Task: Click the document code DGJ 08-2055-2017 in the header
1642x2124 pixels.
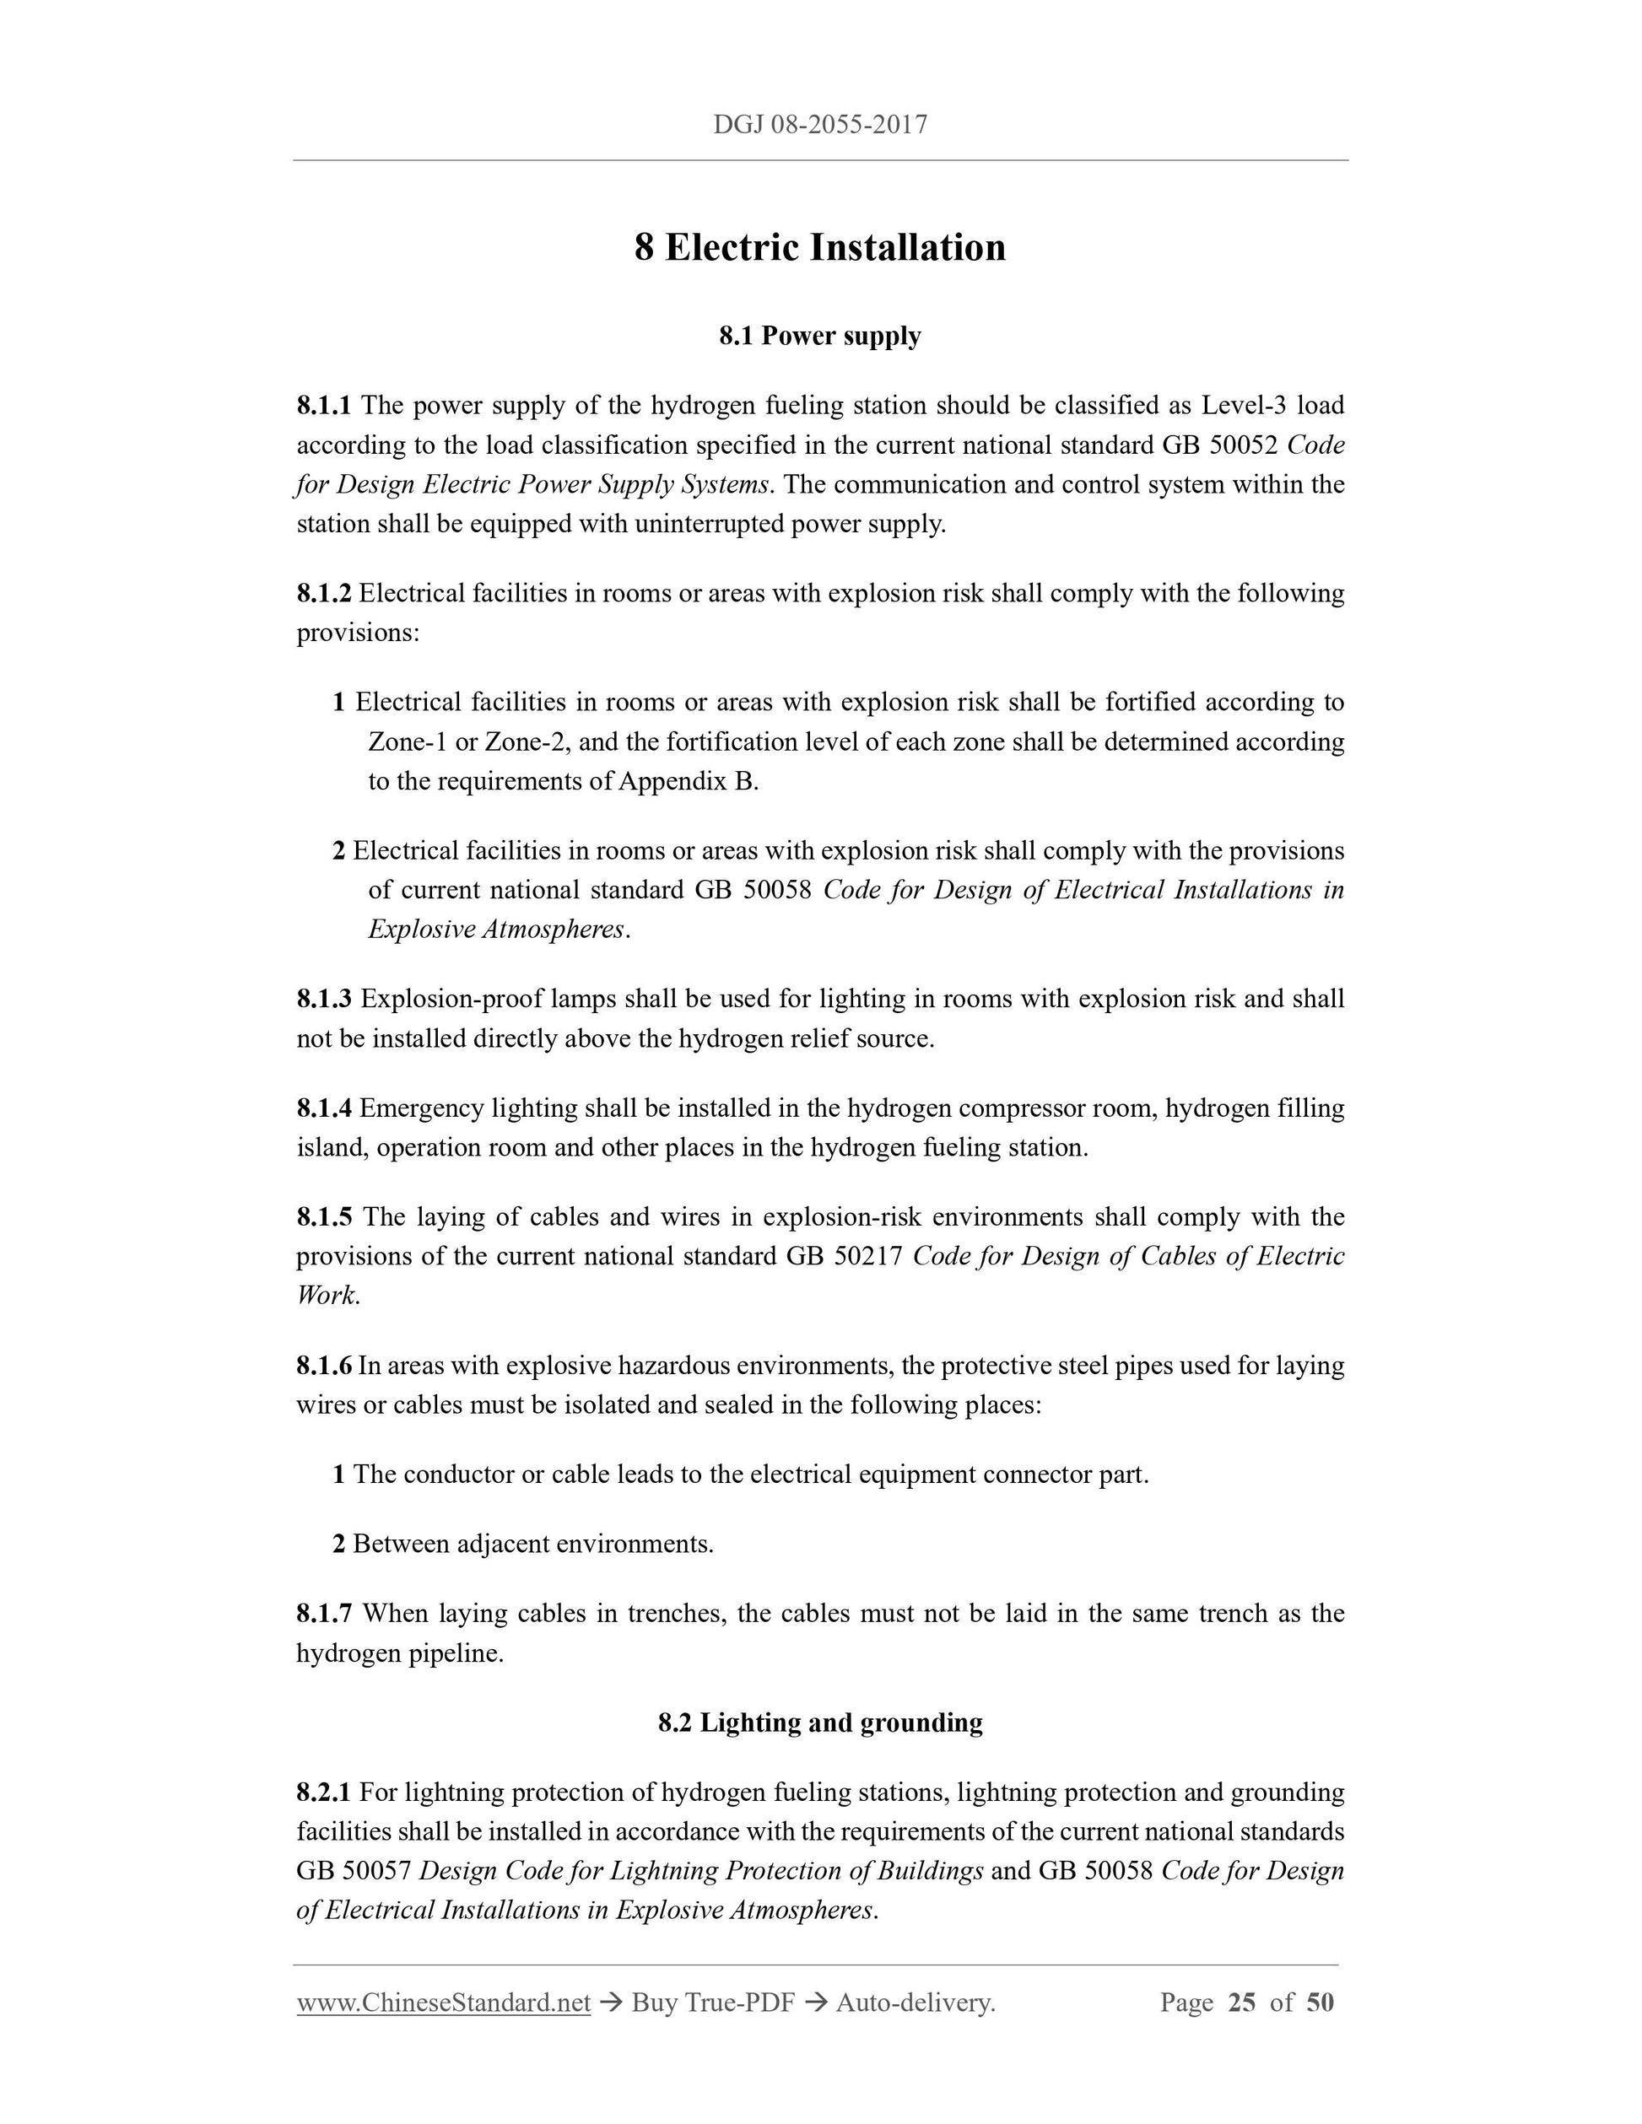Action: pos(820,125)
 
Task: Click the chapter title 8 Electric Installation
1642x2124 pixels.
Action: pos(820,247)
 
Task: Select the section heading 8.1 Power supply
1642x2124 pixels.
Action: pos(820,336)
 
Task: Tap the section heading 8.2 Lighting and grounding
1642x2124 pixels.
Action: pos(820,1722)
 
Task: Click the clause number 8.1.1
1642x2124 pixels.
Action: pos(324,405)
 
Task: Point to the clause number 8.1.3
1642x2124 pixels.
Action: pos(324,999)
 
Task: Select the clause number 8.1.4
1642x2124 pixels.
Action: pos(324,1108)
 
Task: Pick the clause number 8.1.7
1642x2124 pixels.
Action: pos(324,1614)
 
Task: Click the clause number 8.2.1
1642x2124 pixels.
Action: pos(324,1792)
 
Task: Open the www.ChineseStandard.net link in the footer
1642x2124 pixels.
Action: pos(444,2003)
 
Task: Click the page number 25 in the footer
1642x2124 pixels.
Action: pos(1241,2003)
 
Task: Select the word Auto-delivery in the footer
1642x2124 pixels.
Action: pos(914,2003)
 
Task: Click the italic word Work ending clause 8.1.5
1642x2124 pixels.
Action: pos(326,1296)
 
